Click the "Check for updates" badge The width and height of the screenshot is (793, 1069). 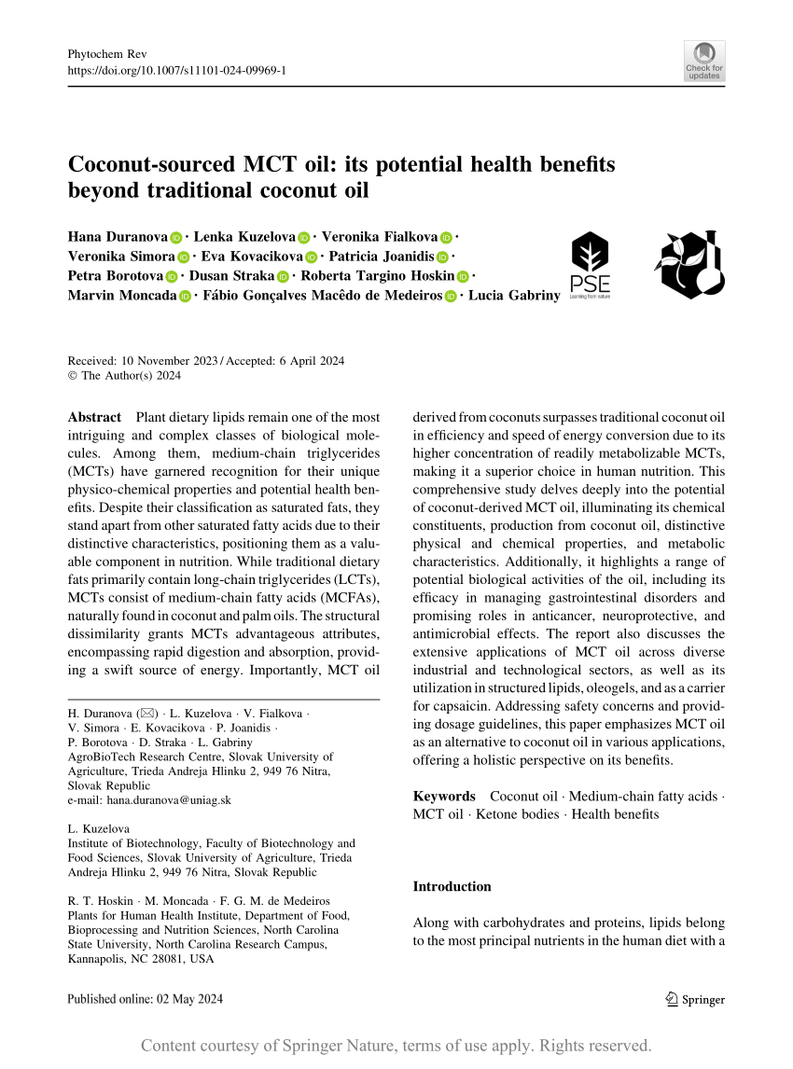[x=704, y=61]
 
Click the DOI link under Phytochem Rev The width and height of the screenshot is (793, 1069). [x=177, y=70]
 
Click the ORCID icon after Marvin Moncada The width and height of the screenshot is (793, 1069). [x=185, y=297]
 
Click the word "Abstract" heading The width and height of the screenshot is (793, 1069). [x=94, y=417]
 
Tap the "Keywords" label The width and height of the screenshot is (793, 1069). [x=444, y=796]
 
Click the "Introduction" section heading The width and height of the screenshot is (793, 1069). [x=452, y=886]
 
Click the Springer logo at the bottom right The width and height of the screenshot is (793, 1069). [x=696, y=999]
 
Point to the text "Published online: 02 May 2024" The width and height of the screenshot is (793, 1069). [x=146, y=999]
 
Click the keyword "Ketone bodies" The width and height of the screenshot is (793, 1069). [x=517, y=814]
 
